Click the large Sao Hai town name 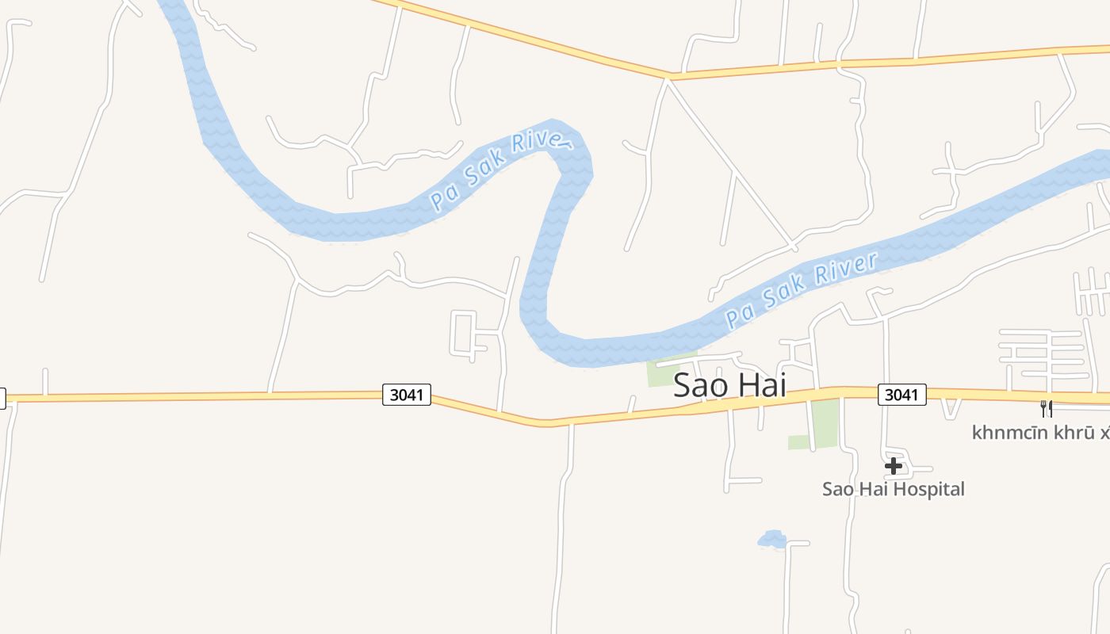tap(729, 385)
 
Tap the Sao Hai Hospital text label tap(893, 489)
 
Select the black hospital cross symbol tap(894, 465)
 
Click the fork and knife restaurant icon tap(1047, 409)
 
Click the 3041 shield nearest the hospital tap(901, 395)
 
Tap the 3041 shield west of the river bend tap(407, 395)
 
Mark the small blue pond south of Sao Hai tap(771, 540)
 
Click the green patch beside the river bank tap(664, 371)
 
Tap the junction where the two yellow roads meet tap(670, 78)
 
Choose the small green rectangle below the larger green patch tap(798, 442)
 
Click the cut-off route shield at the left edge tap(2, 398)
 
